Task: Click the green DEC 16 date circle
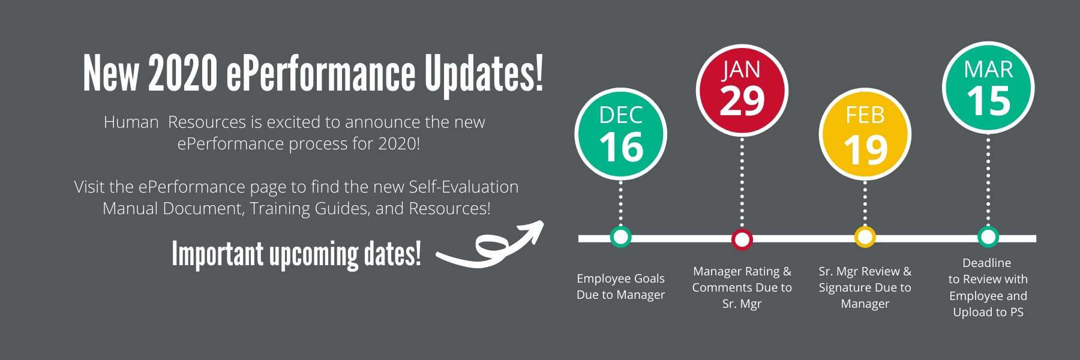point(621,134)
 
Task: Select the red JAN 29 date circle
point(742,91)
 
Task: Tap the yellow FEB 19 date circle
point(865,134)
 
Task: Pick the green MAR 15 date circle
point(988,88)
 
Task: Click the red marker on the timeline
point(742,239)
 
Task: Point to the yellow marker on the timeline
point(865,238)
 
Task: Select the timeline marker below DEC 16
point(621,237)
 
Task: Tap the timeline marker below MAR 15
point(988,237)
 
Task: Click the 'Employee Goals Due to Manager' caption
point(621,287)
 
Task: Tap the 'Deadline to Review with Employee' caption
point(988,287)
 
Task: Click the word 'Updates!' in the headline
point(484,74)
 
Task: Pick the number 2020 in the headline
point(183,73)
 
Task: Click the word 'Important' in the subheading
point(218,254)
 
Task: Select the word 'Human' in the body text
point(131,122)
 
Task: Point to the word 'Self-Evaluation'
point(464,187)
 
